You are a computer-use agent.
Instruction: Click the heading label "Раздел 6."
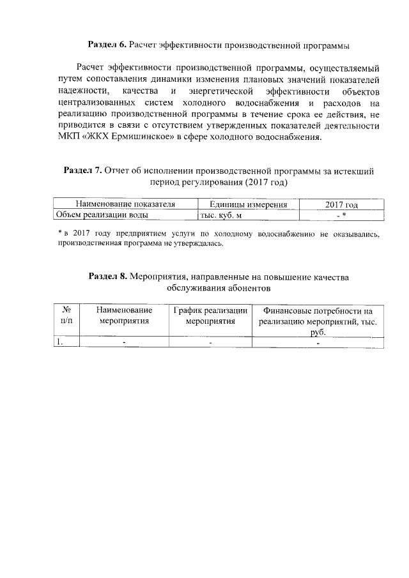point(107,45)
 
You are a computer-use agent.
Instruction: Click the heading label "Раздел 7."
point(84,171)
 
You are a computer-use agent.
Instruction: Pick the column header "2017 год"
point(341,204)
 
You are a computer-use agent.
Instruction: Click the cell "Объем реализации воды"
point(93,215)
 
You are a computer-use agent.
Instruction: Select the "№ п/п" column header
point(66,315)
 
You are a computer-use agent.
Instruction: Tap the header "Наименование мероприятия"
point(124,315)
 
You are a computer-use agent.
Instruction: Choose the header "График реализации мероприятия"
point(210,315)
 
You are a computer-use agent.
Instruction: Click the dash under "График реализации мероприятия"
point(210,343)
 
